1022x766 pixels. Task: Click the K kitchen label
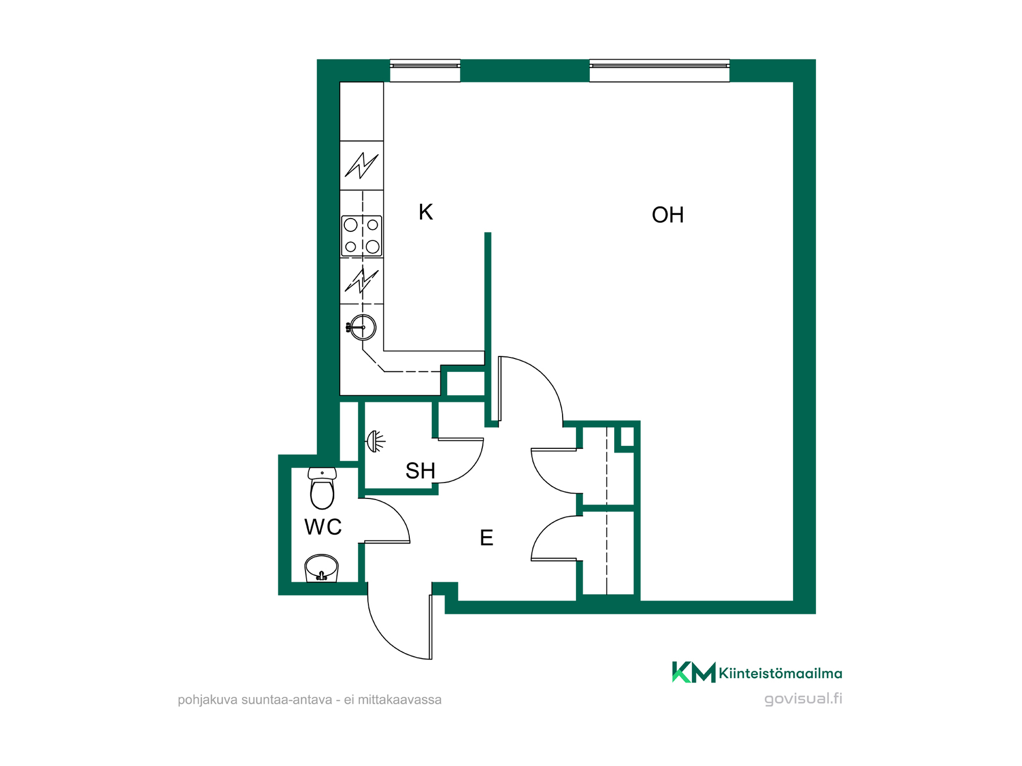pyautogui.click(x=426, y=212)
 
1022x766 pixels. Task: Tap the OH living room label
pyautogui.click(x=667, y=215)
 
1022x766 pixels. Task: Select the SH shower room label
pyautogui.click(x=421, y=471)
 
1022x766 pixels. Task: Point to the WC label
pyautogui.click(x=323, y=527)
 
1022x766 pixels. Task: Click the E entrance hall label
pyautogui.click(x=487, y=538)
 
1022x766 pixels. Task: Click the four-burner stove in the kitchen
pyautogui.click(x=361, y=236)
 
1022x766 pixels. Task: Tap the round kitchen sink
pyautogui.click(x=362, y=327)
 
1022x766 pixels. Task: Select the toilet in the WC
pyautogui.click(x=322, y=488)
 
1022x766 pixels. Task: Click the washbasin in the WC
pyautogui.click(x=322, y=568)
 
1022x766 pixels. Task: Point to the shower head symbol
pyautogui.click(x=375, y=441)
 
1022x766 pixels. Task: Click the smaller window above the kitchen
pyautogui.click(x=425, y=71)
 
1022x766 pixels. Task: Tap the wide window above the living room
pyautogui.click(x=660, y=71)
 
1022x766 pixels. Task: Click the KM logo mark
pyautogui.click(x=694, y=672)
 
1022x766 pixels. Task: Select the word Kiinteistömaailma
pyautogui.click(x=780, y=673)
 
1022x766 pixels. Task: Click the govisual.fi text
pyautogui.click(x=803, y=698)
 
